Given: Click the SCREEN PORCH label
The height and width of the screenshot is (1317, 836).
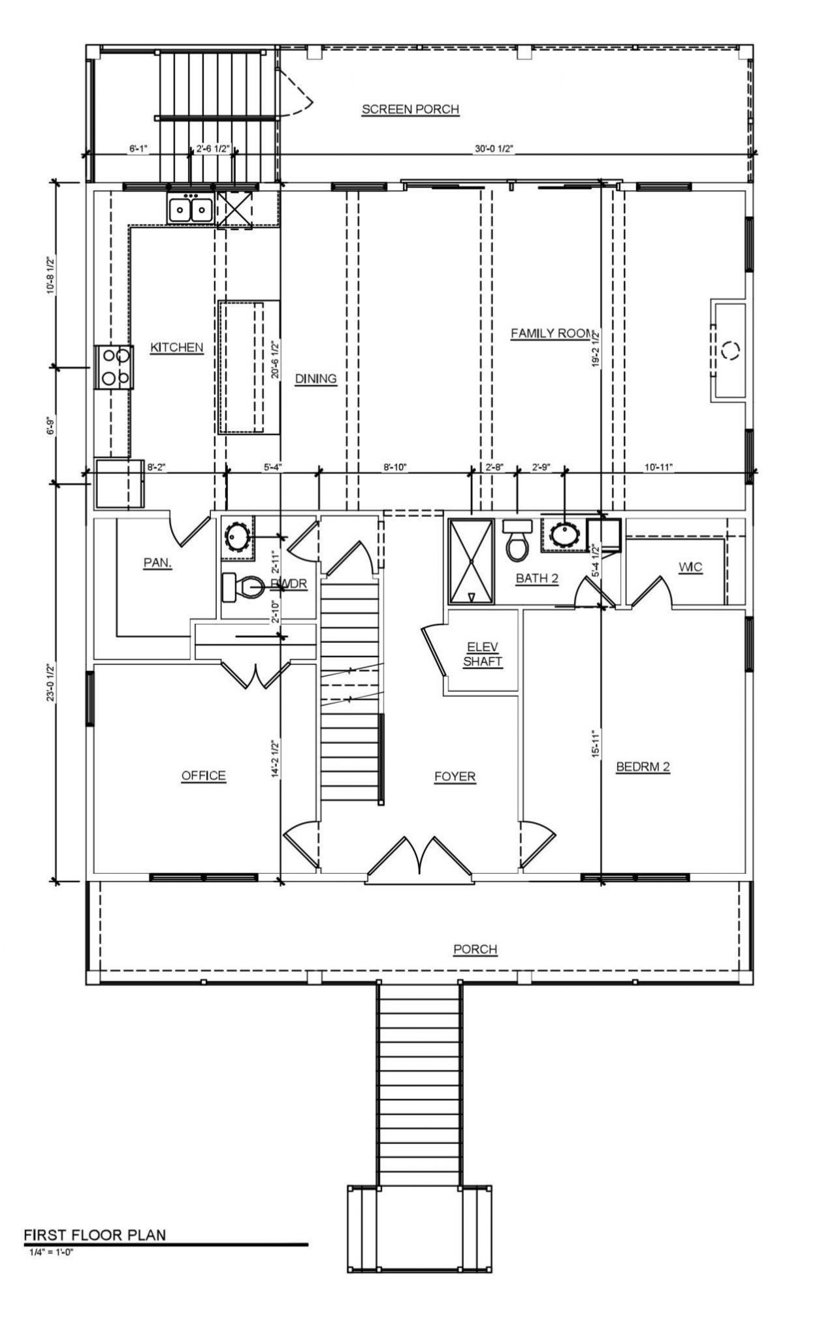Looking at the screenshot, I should (x=410, y=110).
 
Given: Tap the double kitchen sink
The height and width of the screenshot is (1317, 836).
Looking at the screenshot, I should (x=190, y=209).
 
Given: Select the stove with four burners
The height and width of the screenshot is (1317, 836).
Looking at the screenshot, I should (x=114, y=367).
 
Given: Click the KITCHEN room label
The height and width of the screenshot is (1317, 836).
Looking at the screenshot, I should (x=177, y=348).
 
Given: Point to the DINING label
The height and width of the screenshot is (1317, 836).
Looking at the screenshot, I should (x=315, y=379).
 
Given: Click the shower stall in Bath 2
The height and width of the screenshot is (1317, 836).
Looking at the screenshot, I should (x=471, y=561).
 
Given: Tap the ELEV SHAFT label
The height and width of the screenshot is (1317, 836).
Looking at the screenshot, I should (x=483, y=654).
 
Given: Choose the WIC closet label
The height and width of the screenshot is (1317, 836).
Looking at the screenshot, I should (x=690, y=567).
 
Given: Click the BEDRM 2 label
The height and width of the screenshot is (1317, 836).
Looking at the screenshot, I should (x=643, y=767).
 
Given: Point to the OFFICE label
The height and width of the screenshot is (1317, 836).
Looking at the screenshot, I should (x=203, y=775).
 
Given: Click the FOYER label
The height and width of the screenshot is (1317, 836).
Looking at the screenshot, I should (x=455, y=777).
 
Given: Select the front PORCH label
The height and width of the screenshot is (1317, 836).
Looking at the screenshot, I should (x=475, y=949).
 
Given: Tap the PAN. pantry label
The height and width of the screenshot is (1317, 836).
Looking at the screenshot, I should (x=157, y=563).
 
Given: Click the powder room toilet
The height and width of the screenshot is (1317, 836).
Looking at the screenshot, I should (x=242, y=587).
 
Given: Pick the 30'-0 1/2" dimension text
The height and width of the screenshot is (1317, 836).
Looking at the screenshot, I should (x=494, y=149).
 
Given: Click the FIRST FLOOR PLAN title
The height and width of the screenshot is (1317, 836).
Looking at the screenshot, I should (x=95, y=1235).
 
